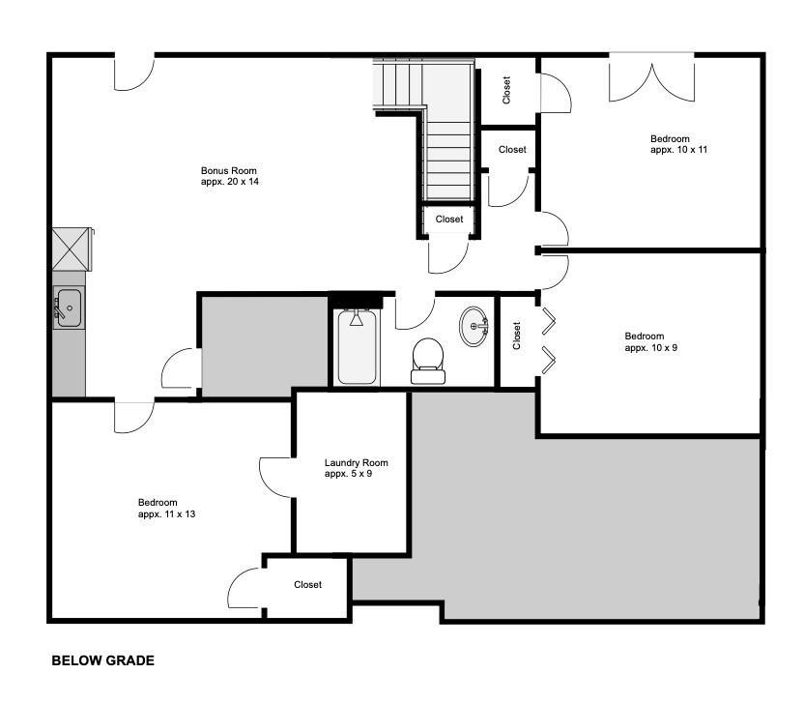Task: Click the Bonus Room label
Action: tap(229, 170)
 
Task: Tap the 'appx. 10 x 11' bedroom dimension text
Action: tap(679, 150)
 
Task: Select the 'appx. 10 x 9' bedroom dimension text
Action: tap(651, 347)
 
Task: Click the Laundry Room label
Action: tap(356, 463)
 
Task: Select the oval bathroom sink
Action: tap(474, 326)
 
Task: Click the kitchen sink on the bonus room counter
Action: tap(68, 308)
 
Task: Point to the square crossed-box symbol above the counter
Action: tap(71, 249)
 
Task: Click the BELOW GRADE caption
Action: tap(102, 661)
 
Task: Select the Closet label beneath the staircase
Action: tap(448, 220)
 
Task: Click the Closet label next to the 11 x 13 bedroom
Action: tap(307, 584)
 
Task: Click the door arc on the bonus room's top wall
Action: tap(134, 73)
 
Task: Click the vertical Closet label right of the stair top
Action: tap(507, 91)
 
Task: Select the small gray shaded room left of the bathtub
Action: tap(264, 344)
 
